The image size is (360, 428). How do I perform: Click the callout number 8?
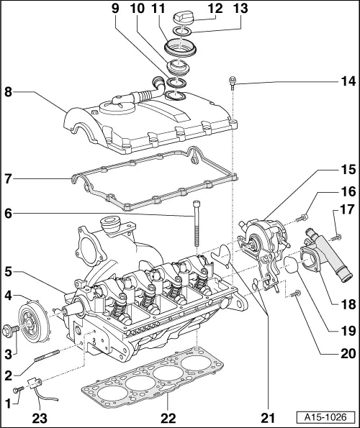point(9,92)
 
